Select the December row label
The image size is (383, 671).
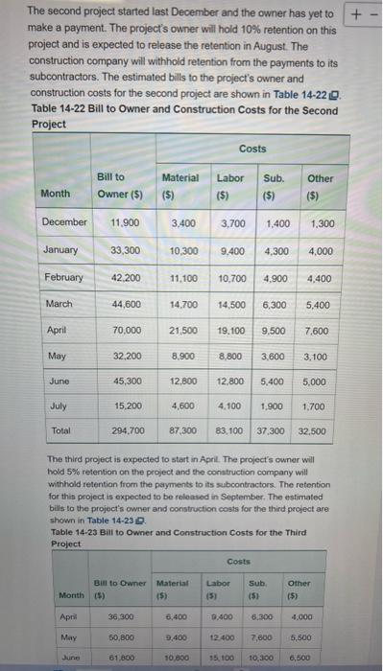coord(66,222)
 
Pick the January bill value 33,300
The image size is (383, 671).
coord(122,249)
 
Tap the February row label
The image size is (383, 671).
coord(63,277)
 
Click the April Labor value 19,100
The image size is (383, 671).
coord(231,331)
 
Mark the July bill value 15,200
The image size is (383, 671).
coord(122,405)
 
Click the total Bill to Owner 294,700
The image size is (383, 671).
coord(122,431)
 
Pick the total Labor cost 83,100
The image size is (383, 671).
coord(231,431)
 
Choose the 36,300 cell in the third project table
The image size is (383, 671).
coord(113,602)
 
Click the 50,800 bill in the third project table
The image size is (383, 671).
coord(113,629)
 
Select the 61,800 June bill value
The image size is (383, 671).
coord(113,656)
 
